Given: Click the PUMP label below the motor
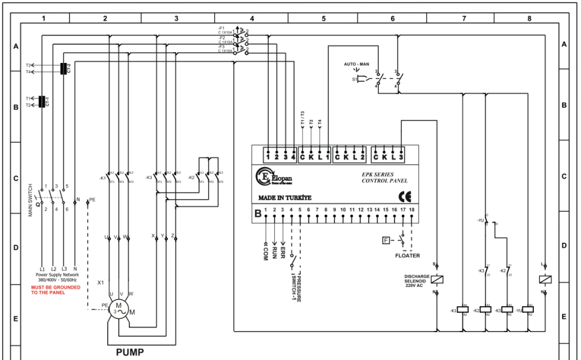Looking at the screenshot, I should point(130,351).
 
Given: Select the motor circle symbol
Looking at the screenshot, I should point(119,309).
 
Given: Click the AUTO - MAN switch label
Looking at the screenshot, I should point(356,64).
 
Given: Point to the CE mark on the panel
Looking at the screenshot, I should point(404,196).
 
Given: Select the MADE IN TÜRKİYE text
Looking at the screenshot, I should point(284,198).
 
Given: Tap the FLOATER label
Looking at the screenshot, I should point(408,256).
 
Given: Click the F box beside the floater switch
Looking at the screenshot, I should point(385,241).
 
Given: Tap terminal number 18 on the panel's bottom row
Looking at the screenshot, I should point(412,209).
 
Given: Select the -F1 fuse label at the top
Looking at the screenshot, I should point(222,28).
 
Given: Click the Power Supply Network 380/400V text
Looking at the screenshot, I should point(58,277).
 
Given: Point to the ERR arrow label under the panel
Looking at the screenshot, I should point(283,248).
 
